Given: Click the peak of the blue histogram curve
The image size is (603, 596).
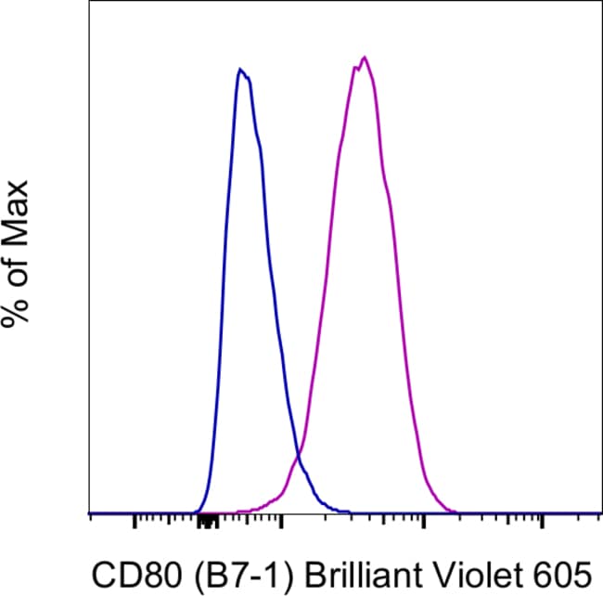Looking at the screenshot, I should (240, 69).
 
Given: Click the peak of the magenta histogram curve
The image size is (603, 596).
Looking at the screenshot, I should (365, 58).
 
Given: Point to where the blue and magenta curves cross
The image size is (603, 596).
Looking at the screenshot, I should (299, 454).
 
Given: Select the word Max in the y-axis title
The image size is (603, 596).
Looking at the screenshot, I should (17, 209).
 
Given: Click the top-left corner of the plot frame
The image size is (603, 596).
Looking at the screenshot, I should (90, 1).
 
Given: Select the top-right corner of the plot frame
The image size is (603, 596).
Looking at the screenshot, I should (601, 1).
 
